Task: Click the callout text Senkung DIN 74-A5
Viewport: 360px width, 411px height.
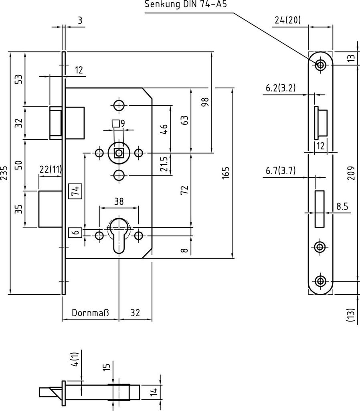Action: pos(186,4)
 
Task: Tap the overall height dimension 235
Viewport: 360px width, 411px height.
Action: pos(4,173)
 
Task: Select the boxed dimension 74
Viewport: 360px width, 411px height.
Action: pos(75,191)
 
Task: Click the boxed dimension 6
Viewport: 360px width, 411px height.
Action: pos(75,232)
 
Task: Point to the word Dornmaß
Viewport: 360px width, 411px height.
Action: pos(90,313)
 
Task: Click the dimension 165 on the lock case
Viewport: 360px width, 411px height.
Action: pos(225,173)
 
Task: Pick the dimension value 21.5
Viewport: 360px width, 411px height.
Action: pos(164,164)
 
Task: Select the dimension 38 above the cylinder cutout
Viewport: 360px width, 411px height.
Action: pos(119,201)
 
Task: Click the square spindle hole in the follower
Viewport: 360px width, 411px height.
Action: pos(119,153)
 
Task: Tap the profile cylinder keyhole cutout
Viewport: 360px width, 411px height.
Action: pos(119,234)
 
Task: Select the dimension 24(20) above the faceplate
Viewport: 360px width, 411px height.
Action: pos(288,20)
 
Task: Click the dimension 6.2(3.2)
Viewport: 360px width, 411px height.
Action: pos(281,88)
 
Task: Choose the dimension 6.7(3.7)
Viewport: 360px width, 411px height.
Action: pos(281,171)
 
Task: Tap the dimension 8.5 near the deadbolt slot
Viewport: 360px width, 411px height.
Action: pos(342,207)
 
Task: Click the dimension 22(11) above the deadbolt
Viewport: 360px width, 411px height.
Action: pos(51,170)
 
